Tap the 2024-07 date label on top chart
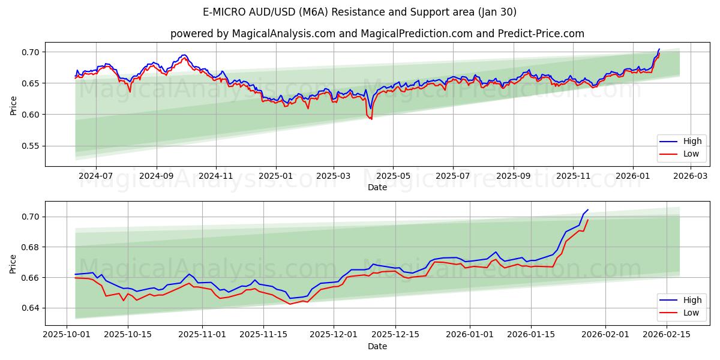tap(96, 176)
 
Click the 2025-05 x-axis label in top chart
tap(393, 176)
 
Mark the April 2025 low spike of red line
tap(371, 119)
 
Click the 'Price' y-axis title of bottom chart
tap(13, 263)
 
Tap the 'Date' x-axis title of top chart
tap(377, 187)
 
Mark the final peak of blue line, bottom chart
tap(587, 210)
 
